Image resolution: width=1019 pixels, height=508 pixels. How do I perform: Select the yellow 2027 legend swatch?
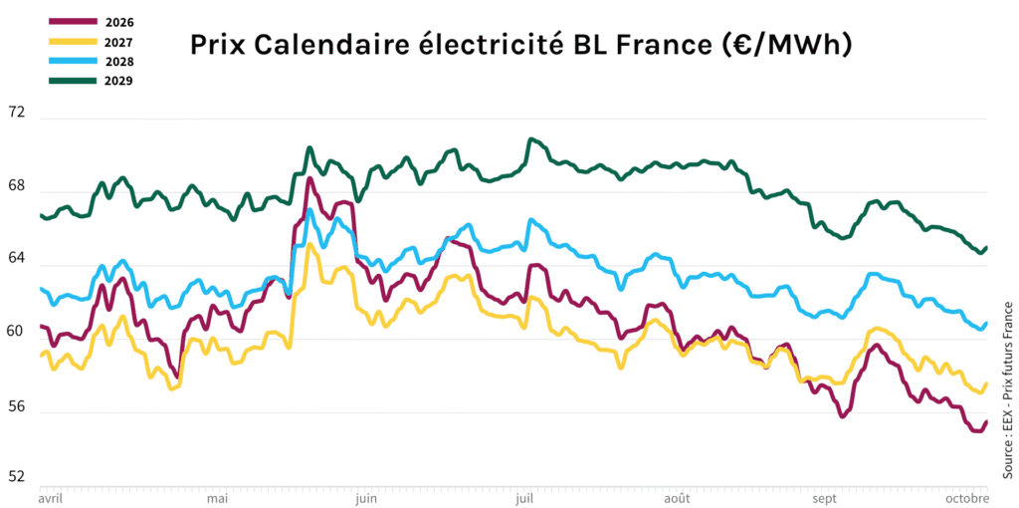73,42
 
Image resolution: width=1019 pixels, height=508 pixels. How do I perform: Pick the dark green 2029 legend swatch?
73,80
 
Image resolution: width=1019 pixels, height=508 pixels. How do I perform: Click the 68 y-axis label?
15,186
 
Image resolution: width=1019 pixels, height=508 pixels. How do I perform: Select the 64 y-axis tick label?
15,261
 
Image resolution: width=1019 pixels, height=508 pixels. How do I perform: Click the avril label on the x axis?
50,497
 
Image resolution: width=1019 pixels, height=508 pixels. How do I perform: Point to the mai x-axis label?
216,497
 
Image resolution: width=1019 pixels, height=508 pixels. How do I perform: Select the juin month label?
365,497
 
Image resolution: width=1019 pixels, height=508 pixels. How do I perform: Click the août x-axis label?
677,497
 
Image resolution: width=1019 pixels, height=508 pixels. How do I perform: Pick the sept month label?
825,497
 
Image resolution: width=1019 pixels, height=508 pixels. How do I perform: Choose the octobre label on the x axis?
966,497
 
